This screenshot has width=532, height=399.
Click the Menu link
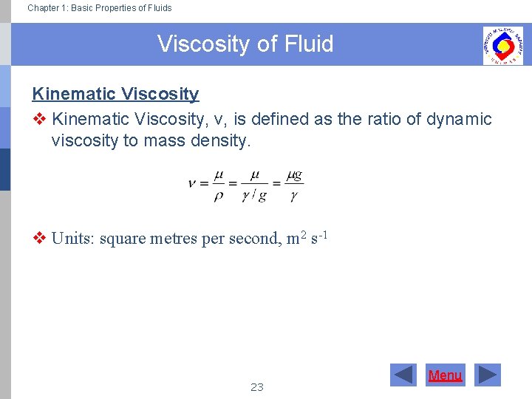445,375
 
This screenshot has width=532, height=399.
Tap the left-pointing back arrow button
403,375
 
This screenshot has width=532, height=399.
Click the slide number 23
257,386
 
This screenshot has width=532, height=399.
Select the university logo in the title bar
502,45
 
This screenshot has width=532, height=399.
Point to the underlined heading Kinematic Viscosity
115,94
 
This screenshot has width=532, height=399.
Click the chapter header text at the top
99,8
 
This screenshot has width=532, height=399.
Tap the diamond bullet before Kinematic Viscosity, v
39,119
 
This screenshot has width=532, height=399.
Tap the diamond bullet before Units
39,239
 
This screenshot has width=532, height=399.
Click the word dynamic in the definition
459,119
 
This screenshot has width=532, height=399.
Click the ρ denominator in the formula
219,196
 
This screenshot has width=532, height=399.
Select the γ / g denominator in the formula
254,196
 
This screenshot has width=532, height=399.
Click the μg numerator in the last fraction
294,176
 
